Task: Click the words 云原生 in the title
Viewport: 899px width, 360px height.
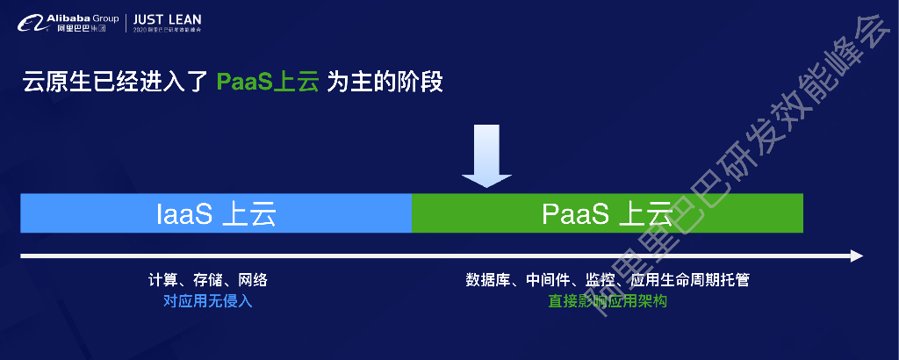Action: point(54,83)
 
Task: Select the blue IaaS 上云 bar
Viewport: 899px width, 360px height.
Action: point(216,213)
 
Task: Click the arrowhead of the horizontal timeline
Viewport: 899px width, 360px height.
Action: point(856,256)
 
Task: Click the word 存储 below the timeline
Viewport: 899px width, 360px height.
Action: point(207,281)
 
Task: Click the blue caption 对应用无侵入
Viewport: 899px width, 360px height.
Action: point(207,301)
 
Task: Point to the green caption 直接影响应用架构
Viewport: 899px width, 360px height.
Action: point(608,301)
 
